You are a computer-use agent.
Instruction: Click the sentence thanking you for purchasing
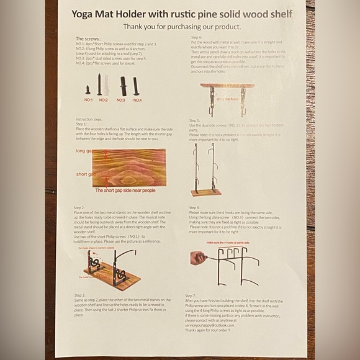coord(182,27)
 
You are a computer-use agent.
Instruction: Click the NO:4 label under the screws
coord(137,99)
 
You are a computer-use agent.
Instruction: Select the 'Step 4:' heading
coord(194,38)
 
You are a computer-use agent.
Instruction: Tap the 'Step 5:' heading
coord(194,120)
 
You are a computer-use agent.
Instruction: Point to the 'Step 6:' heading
coord(194,207)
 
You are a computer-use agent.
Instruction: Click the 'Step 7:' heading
coord(194,295)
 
